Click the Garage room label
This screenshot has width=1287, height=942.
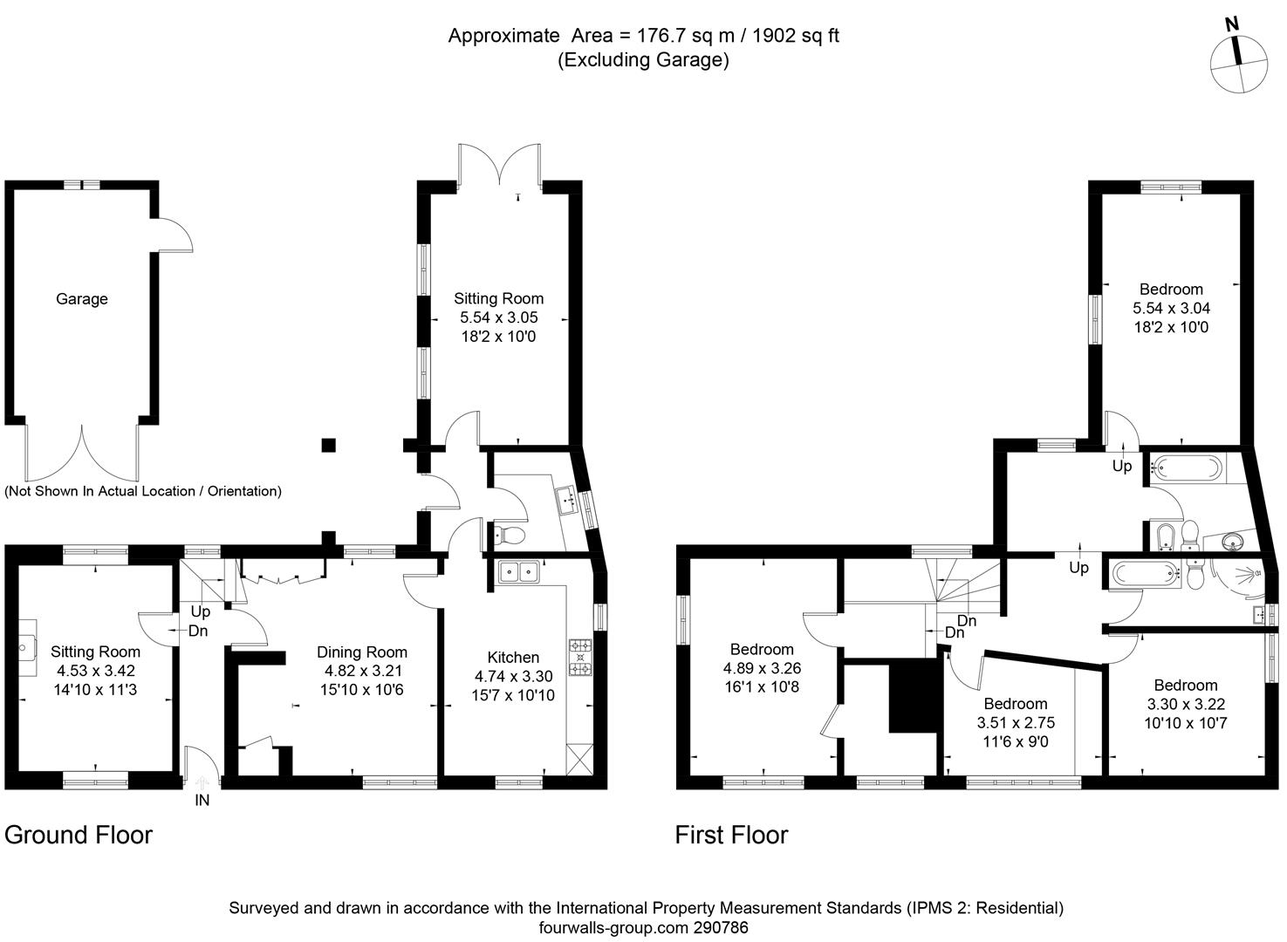click(82, 299)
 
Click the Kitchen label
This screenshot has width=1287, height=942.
click(513, 658)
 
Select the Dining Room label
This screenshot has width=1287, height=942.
click(361, 652)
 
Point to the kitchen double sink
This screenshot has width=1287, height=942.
click(519, 572)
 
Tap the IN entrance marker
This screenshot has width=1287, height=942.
click(202, 800)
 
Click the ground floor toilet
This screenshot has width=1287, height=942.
click(509, 534)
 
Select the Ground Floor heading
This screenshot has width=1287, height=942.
click(79, 836)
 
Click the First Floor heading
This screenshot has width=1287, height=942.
click(731, 836)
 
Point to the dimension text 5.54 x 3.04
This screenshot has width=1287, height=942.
click(1171, 309)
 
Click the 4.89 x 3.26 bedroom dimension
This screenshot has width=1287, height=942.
click(762, 668)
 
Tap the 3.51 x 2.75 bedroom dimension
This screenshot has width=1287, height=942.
click(1016, 723)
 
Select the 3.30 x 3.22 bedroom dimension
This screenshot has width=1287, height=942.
click(1185, 704)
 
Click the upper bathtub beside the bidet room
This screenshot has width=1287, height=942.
click(1188, 469)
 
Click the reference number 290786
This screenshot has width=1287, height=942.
click(718, 928)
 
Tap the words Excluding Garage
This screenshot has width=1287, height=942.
click(644, 60)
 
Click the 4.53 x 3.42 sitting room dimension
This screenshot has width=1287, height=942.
click(95, 671)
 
